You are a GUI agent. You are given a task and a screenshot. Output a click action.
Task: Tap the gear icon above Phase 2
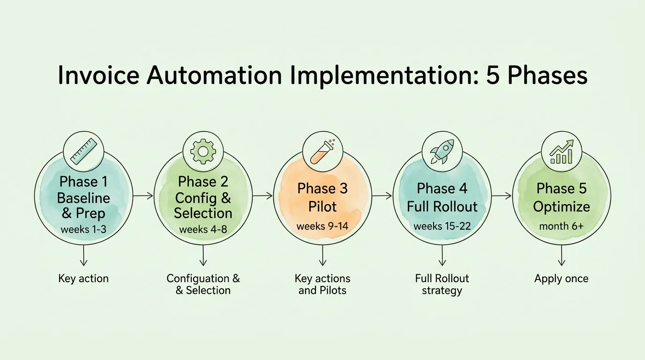[203, 151]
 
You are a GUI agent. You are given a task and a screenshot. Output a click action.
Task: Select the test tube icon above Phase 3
[322, 150]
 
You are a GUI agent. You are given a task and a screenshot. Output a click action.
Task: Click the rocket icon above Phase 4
[442, 151]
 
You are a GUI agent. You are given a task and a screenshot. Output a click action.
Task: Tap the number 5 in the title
[493, 75]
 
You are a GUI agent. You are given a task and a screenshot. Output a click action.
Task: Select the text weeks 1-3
[83, 230]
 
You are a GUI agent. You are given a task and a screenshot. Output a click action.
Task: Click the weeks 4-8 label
[203, 230]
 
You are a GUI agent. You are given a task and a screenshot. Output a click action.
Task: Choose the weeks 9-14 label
[322, 226]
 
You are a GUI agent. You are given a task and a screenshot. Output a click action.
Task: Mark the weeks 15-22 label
[442, 226]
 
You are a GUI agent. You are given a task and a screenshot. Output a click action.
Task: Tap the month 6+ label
[561, 226]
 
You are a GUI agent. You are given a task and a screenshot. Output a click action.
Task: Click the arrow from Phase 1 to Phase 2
[143, 196]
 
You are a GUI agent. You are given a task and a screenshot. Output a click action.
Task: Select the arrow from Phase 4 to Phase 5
[501, 196]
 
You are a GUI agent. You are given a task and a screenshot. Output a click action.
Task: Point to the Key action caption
[83, 278]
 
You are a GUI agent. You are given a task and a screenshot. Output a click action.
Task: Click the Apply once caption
[561, 278]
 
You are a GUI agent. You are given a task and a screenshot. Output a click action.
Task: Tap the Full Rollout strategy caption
[442, 284]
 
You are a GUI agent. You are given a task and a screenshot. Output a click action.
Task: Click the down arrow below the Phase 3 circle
[322, 257]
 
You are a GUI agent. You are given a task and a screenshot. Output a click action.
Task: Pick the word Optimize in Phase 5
[561, 207]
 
